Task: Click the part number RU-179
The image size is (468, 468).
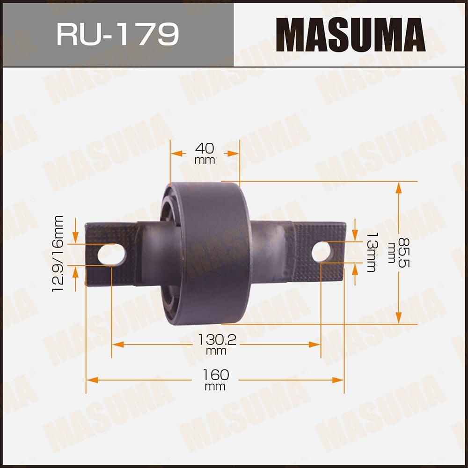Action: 117,34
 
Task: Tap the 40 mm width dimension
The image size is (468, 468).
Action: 205,153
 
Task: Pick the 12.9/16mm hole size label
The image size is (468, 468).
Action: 58,253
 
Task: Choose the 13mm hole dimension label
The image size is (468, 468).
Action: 371,252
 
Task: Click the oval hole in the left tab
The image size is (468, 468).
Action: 112,255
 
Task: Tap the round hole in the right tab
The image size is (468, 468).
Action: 322,252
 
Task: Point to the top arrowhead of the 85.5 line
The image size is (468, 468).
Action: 398,188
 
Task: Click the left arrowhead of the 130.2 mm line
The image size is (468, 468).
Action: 117,344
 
